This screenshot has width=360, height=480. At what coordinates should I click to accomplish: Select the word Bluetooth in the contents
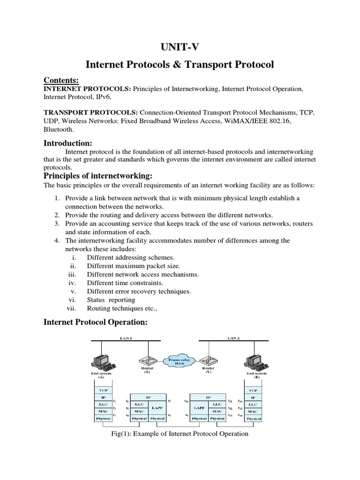tap(59, 129)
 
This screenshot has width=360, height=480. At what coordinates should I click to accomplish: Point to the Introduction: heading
tap(68, 142)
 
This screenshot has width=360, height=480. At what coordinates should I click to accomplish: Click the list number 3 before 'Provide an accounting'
tap(56, 224)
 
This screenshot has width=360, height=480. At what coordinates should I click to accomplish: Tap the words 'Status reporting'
tap(111, 300)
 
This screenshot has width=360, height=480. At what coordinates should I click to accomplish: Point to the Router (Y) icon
tap(206, 360)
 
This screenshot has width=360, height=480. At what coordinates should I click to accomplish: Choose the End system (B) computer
tap(253, 360)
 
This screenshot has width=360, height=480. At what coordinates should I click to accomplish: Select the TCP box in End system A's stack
tap(103, 390)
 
